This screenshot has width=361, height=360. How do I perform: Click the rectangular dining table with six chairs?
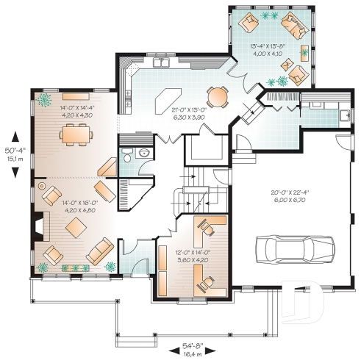pyautogui.click(x=73, y=134)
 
